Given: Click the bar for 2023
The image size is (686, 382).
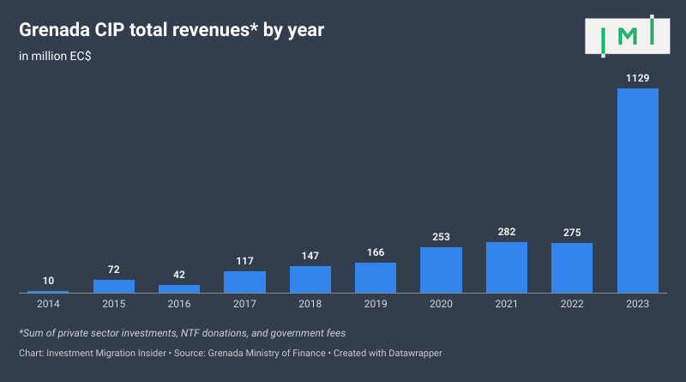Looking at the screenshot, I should [638, 191].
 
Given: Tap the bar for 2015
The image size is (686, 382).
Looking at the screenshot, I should [114, 287].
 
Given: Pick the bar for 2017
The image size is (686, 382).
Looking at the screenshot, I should [244, 282].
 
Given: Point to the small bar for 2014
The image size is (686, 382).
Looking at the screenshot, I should [48, 292].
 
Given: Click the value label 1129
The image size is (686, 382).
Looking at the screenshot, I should [638, 78].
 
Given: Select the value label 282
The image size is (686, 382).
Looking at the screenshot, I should [507, 232].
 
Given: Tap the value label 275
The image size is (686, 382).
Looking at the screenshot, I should [572, 233].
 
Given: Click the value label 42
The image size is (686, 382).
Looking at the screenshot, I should [179, 275].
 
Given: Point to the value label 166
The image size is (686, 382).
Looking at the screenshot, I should [376, 252].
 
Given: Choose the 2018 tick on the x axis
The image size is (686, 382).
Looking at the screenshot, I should [310, 304].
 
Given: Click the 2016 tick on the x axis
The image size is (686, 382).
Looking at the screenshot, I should [179, 304].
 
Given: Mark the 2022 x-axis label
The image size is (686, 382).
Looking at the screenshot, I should [572, 304].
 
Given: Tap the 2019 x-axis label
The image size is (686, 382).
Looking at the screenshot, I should [376, 304].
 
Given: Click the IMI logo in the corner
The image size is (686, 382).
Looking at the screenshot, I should [629, 36].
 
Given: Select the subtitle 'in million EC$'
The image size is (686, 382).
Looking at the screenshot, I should [57, 57].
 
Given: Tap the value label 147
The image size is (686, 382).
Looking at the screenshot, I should [310, 256].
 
